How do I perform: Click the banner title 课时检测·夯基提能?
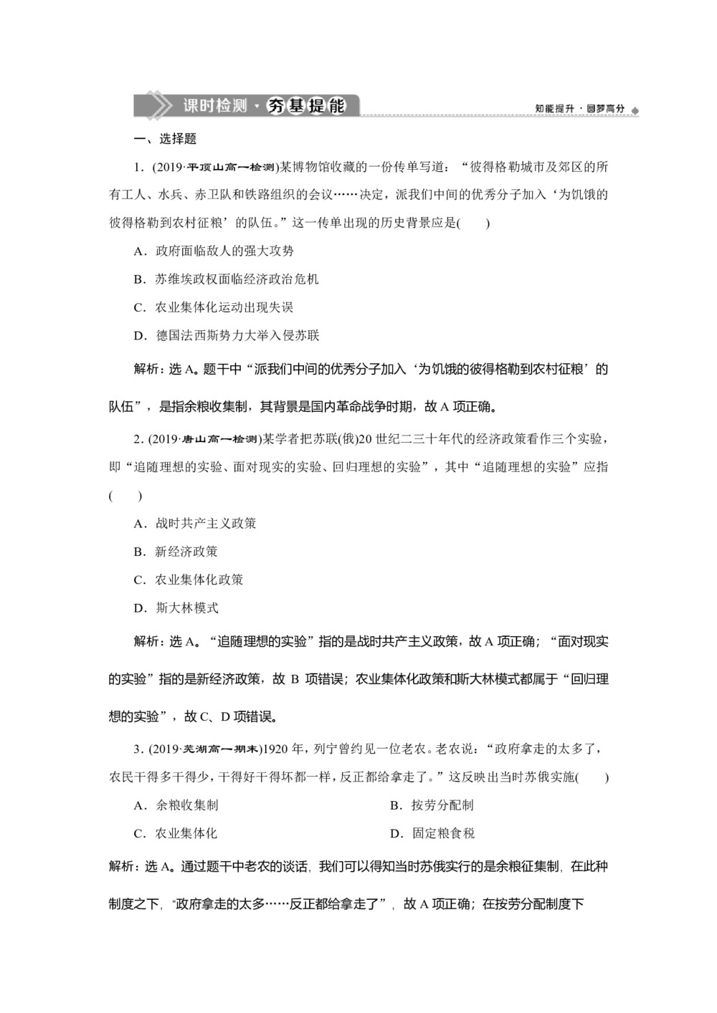click(x=263, y=106)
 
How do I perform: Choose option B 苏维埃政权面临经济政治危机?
click(x=227, y=279)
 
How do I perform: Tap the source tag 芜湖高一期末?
click(x=219, y=749)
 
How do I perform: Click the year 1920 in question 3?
click(x=273, y=749)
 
